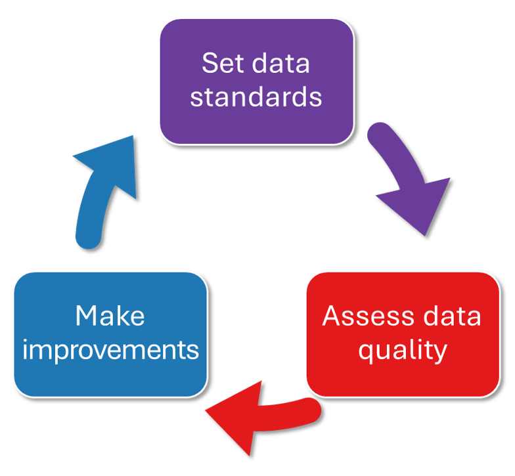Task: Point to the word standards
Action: (x=256, y=97)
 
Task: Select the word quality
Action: (x=402, y=350)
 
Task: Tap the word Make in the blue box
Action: (x=110, y=316)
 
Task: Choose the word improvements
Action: (x=110, y=350)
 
